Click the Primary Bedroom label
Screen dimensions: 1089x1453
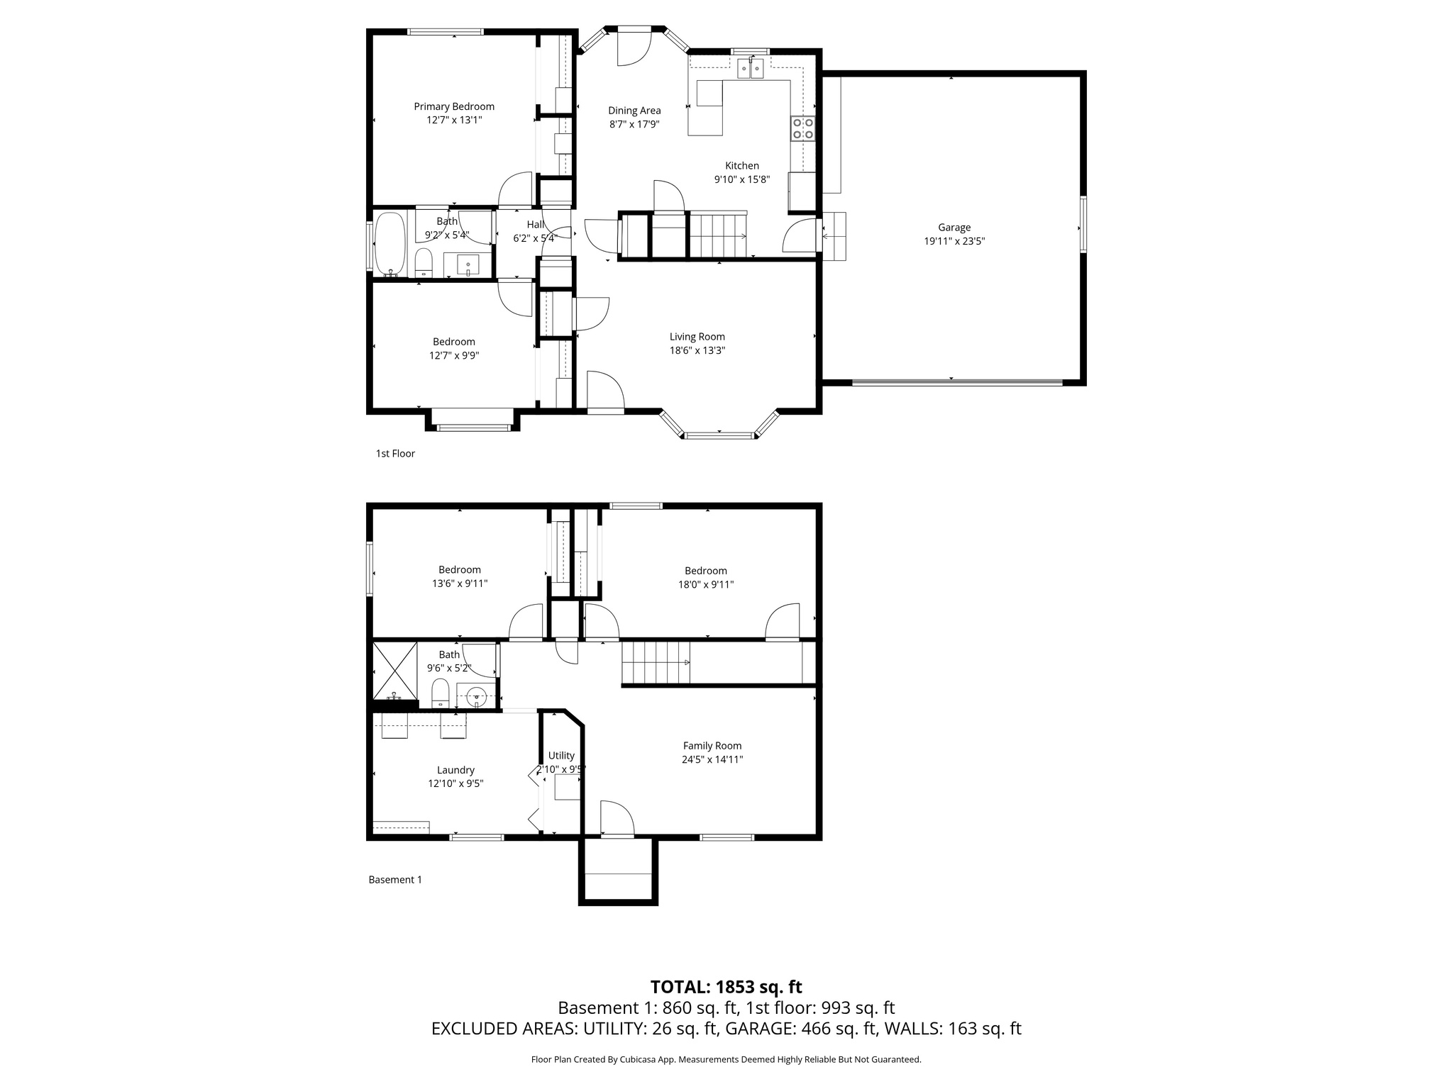click(454, 106)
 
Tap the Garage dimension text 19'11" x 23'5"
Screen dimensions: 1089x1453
click(954, 241)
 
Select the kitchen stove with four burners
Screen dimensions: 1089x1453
click(803, 128)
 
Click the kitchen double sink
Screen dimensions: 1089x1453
click(750, 69)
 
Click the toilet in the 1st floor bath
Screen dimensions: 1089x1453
click(424, 262)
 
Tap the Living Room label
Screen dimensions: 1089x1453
click(697, 337)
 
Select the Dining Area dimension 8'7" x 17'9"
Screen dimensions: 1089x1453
click(634, 124)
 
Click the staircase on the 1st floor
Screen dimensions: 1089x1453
click(718, 235)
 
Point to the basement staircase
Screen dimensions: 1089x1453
click(656, 662)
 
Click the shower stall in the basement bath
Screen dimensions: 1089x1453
click(394, 669)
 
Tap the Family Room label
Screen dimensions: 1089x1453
click(712, 746)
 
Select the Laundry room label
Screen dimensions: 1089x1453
click(455, 770)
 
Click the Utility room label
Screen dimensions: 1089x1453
click(561, 756)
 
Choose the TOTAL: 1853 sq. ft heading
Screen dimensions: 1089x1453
click(726, 987)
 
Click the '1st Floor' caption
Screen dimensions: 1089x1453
click(395, 454)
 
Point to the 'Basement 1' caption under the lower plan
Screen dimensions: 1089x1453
click(395, 880)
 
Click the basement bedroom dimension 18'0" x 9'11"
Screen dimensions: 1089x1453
click(706, 585)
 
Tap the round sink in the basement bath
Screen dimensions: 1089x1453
click(477, 696)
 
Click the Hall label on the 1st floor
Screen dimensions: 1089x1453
click(535, 225)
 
